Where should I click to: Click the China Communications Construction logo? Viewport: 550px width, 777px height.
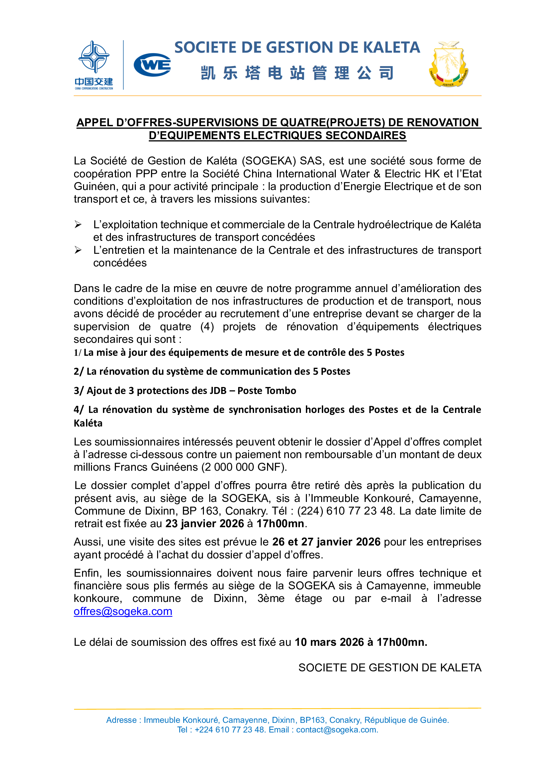94,65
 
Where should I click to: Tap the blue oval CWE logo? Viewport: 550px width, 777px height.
152,65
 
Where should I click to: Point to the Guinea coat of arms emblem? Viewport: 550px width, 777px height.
448,64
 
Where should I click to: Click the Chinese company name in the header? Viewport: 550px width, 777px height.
297,73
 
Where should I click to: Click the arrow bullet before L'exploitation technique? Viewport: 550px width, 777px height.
78,225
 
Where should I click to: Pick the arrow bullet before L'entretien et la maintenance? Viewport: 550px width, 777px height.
78,250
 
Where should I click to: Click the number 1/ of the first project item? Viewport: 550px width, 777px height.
78,352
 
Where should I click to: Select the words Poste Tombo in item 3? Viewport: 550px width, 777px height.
267,391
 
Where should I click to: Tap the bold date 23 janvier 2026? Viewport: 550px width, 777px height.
204,524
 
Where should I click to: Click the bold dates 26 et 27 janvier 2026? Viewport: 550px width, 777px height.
326,542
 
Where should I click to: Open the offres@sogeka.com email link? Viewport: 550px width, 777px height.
123,611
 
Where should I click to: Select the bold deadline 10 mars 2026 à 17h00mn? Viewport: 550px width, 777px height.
361,642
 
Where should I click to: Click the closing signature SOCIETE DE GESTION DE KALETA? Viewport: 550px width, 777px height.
390,668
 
